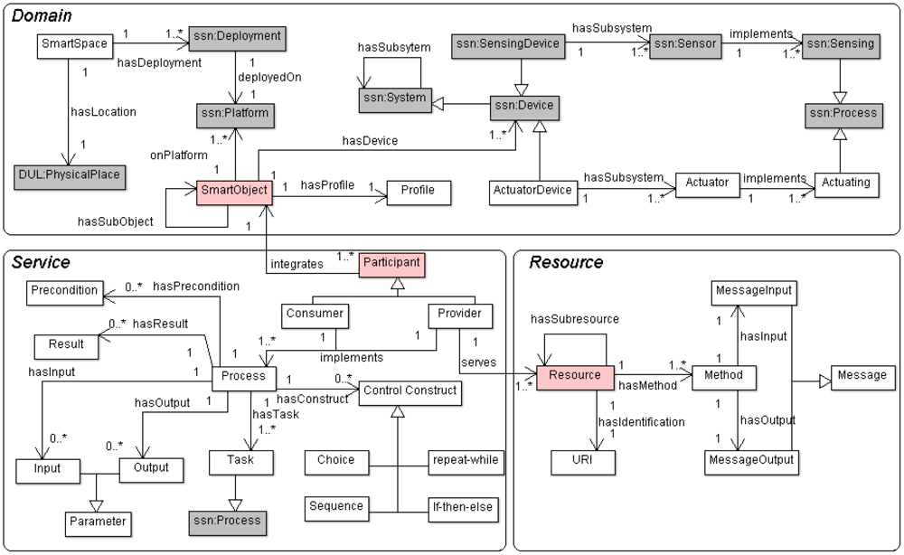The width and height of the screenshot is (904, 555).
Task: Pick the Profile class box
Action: click(x=418, y=191)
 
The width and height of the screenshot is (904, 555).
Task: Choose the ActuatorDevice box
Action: click(x=533, y=191)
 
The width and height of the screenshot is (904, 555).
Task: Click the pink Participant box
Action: click(x=393, y=263)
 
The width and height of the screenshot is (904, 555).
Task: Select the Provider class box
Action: click(x=459, y=314)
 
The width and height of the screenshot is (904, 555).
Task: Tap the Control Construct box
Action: click(x=410, y=391)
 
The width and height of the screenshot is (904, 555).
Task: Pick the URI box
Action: click(x=584, y=460)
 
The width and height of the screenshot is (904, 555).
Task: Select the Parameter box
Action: click(x=96, y=522)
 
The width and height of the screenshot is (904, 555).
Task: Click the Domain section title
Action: click(x=42, y=16)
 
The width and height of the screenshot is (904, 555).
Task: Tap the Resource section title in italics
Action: click(x=566, y=263)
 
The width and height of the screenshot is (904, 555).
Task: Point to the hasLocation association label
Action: click(x=103, y=112)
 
